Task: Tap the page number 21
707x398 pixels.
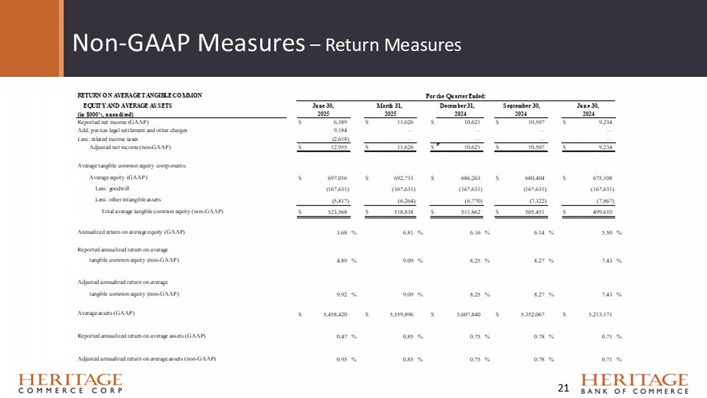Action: coord(563,388)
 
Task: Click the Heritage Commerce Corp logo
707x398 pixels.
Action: coord(70,383)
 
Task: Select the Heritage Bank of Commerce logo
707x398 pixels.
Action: coord(634,383)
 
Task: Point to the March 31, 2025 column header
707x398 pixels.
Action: coord(390,109)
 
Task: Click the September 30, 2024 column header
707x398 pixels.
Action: coord(521,109)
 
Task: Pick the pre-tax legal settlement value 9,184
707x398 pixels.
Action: coord(340,130)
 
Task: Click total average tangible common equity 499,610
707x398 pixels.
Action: coord(602,212)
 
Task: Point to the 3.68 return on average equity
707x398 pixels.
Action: coord(342,232)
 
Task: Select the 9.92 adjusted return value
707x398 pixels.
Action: coord(342,294)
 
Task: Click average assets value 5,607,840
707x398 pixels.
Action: coord(469,314)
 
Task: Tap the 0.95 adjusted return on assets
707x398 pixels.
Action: coord(342,359)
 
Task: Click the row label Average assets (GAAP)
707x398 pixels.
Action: coord(106,313)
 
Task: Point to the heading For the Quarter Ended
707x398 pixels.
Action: coord(455,96)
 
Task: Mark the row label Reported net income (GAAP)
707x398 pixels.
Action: coord(113,122)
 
